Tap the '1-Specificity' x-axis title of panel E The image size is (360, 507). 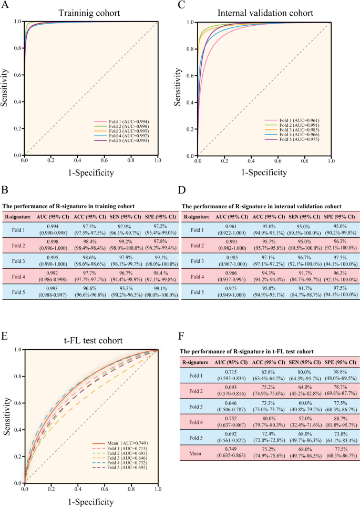point(91,500)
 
